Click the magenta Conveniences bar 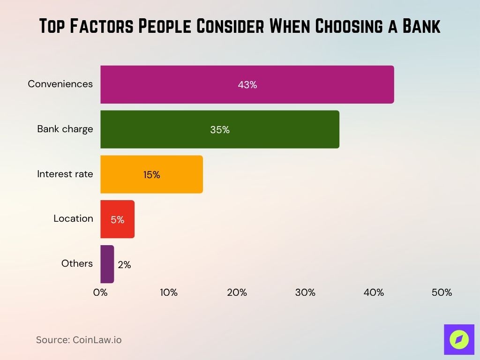tap(247, 84)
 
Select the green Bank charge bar tap(220, 129)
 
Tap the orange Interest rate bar tap(151, 174)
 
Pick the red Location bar tap(117, 219)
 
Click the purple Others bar tap(107, 264)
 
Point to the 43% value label tap(247, 85)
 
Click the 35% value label tap(220, 130)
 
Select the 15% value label tap(151, 175)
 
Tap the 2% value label tap(124, 265)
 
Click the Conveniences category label tap(60, 84)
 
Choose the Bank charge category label tap(65, 129)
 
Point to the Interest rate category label tap(65, 174)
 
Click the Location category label tap(73, 218)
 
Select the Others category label tap(77, 263)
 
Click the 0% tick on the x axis tap(100, 292)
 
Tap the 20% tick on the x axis tap(237, 292)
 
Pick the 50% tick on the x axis tap(442, 292)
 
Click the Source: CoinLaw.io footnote tap(79, 340)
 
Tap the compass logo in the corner tap(459, 339)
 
